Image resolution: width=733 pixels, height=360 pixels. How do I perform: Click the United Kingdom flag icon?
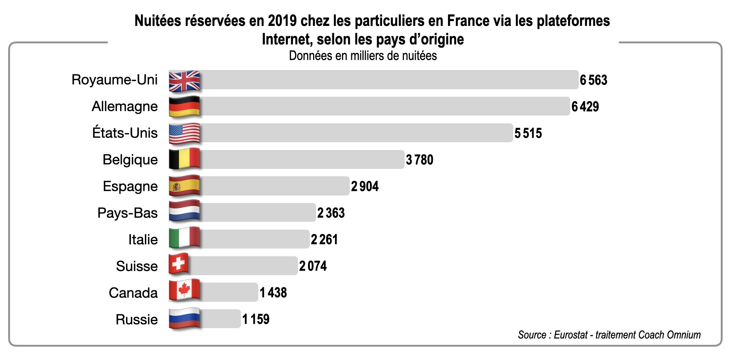(x=184, y=81)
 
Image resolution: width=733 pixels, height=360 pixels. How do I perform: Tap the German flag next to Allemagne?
(x=184, y=107)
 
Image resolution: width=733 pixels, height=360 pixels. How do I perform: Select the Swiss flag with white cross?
(x=179, y=264)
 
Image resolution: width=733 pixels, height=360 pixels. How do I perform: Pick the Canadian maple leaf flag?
(x=184, y=290)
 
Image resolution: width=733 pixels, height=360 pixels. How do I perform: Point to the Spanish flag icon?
(x=184, y=186)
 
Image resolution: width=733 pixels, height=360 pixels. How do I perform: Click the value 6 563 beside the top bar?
(x=593, y=80)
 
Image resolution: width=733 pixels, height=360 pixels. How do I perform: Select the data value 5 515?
(x=528, y=133)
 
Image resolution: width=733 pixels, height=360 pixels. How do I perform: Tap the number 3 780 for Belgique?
(x=419, y=160)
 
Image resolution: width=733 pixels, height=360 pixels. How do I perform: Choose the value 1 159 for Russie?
(x=256, y=319)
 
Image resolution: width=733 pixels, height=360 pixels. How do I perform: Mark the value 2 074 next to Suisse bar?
(x=313, y=266)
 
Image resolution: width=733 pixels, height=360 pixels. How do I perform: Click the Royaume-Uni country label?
(x=115, y=80)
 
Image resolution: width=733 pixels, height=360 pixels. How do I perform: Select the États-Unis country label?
(x=125, y=133)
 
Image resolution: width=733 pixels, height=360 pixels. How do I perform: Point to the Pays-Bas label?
(x=127, y=213)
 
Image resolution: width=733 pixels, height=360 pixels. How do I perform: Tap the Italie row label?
(x=143, y=240)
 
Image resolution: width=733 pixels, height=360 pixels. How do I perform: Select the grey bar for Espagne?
(x=274, y=186)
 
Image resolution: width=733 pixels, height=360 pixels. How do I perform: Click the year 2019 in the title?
(x=282, y=21)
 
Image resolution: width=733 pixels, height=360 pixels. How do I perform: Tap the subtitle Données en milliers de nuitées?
(x=363, y=56)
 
